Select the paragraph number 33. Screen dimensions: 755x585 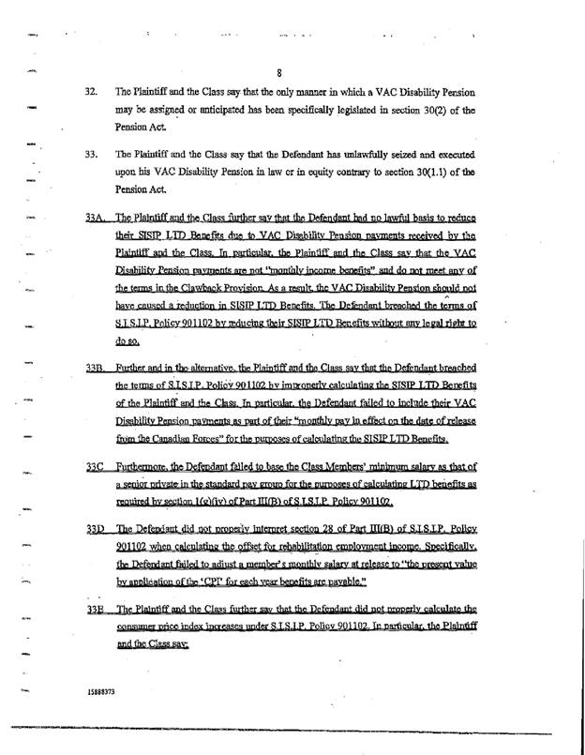pos(92,152)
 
